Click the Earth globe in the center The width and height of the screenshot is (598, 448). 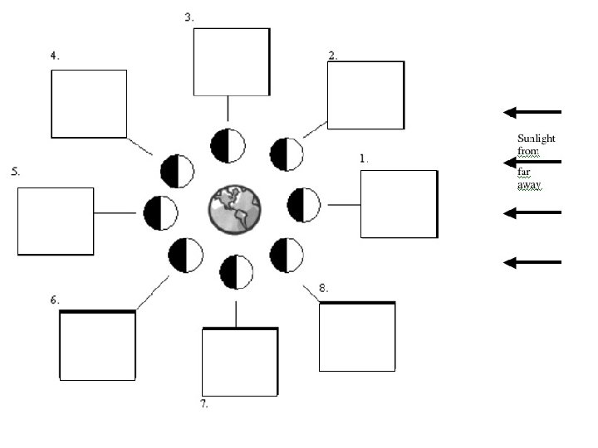234,208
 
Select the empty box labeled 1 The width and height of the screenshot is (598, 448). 398,204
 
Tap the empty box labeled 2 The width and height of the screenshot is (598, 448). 365,95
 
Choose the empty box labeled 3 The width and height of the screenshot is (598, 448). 231,61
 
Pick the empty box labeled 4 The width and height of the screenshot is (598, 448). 89,104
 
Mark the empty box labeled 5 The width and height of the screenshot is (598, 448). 56,221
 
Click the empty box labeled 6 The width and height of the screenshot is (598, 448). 97,345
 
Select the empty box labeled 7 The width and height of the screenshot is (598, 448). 240,362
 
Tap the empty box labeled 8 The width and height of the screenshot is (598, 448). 357,337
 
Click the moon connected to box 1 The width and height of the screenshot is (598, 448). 303,205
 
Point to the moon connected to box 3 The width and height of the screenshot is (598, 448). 228,146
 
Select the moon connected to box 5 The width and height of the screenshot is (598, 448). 160,213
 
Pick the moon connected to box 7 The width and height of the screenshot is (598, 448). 237,272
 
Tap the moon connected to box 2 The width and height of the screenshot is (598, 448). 287,154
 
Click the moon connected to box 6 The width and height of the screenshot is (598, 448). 185,255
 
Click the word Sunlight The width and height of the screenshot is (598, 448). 536,139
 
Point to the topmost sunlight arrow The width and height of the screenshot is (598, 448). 532,112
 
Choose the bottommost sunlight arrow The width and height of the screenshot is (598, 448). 532,262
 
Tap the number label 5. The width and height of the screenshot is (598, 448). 15,172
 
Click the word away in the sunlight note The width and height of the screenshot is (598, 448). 529,185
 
